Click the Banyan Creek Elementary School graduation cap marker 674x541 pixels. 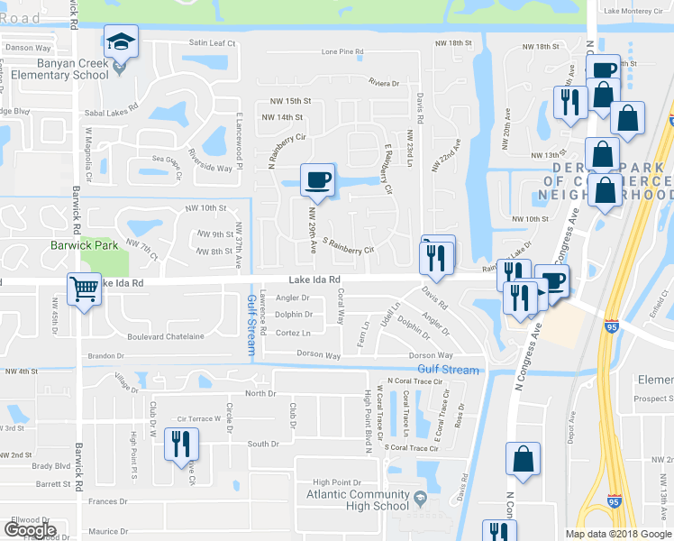(121, 41)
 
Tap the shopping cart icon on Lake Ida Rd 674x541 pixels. (84, 290)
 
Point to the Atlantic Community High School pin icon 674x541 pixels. (419, 497)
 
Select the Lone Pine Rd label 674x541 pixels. (342, 52)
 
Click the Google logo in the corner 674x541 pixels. (30, 530)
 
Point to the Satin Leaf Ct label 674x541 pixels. (212, 42)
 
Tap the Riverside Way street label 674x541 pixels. (209, 168)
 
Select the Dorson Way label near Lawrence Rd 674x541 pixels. (320, 356)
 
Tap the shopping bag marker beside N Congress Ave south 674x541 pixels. (523, 459)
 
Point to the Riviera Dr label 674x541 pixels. (384, 83)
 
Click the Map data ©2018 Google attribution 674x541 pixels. (617, 534)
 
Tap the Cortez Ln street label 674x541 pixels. (294, 333)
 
